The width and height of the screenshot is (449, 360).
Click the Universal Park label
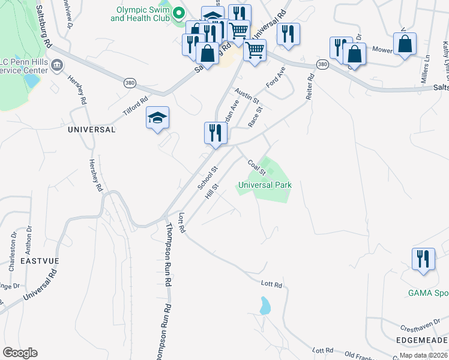click(265, 185)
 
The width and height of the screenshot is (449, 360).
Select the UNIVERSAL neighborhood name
click(92, 129)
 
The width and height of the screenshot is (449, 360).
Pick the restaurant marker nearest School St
click(215, 133)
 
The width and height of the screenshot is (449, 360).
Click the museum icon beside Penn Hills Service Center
click(57, 65)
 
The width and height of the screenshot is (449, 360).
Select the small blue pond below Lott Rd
click(265, 306)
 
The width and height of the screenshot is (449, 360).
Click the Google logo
click(20, 353)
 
